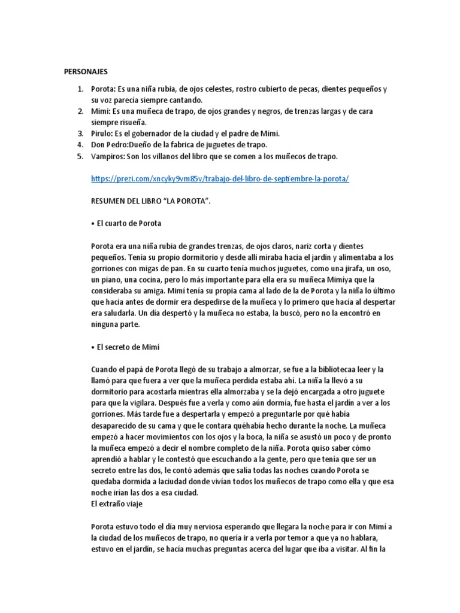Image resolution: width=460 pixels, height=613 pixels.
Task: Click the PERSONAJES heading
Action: coord(86,71)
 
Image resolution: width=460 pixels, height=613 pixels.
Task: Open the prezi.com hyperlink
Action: coord(219,179)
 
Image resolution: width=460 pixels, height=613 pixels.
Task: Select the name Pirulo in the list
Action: coord(101,133)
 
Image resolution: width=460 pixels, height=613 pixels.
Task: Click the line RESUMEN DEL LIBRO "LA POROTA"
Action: coord(150,201)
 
